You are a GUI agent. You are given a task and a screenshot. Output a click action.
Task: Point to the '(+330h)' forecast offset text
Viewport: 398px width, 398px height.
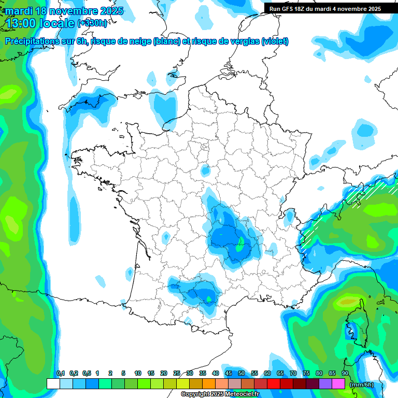click(93, 23)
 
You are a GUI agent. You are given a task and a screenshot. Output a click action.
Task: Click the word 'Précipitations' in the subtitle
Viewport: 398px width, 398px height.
click(31, 41)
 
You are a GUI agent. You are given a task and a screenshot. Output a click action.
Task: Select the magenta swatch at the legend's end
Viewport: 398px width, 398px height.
click(338, 383)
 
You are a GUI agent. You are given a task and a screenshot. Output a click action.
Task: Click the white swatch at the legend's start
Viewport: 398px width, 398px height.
click(53, 383)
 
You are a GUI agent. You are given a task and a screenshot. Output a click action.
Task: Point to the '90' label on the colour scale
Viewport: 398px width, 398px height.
click(345, 374)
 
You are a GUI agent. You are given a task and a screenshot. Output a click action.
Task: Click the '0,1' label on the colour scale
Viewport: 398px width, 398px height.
click(60, 374)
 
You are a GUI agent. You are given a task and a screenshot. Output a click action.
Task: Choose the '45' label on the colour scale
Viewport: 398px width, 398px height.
click(229, 374)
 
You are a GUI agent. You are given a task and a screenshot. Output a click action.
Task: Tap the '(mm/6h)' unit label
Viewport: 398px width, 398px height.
click(361, 385)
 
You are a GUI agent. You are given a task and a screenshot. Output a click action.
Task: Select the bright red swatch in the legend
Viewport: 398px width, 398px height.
click(274, 383)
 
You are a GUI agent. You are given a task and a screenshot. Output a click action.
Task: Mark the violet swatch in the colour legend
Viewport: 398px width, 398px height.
click(325, 383)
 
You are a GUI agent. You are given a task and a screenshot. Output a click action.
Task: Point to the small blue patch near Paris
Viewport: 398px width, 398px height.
click(206, 170)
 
